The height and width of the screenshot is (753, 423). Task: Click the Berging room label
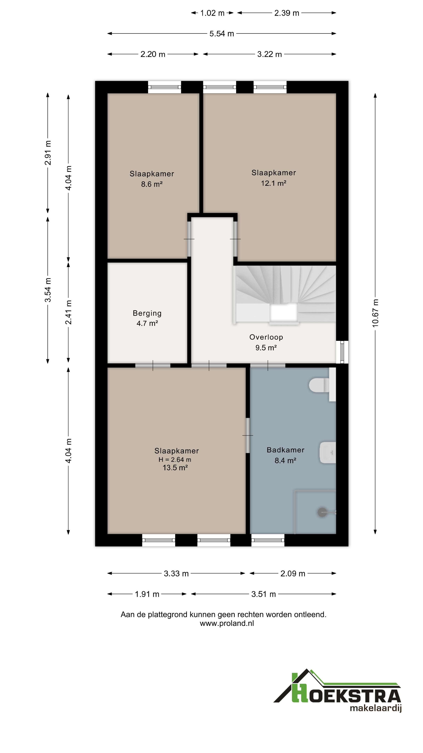pyautogui.click(x=147, y=313)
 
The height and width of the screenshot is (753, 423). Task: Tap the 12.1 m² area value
pyautogui.click(x=274, y=183)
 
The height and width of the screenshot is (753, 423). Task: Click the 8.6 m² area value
pyautogui.click(x=152, y=184)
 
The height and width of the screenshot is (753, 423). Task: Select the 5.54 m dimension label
pyautogui.click(x=221, y=34)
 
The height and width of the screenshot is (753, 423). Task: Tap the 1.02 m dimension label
pyautogui.click(x=212, y=13)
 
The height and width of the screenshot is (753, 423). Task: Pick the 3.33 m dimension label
pyautogui.click(x=176, y=574)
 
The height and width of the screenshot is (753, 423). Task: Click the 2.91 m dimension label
pyautogui.click(x=48, y=153)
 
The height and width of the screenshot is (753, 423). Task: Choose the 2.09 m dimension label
pyautogui.click(x=293, y=574)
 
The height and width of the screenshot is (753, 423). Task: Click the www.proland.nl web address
pyautogui.click(x=227, y=623)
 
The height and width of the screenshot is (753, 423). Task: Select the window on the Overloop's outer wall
pyautogui.click(x=342, y=352)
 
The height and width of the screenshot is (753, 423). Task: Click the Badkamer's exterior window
pyautogui.click(x=268, y=540)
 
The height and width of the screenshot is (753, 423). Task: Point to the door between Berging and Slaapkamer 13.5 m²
pyautogui.click(x=153, y=365)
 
